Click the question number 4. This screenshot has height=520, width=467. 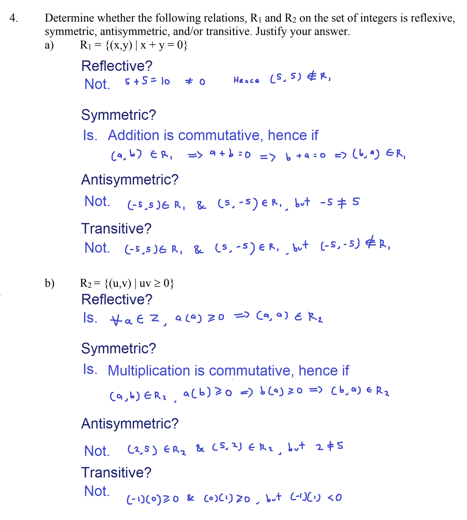13,18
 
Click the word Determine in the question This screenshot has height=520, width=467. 69,18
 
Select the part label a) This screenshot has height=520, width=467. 49,45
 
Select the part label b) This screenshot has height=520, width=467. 50,283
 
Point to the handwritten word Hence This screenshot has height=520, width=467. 246,80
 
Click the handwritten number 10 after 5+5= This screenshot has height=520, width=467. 165,81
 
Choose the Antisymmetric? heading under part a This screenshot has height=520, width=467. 130,180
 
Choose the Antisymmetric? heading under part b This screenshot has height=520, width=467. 130,424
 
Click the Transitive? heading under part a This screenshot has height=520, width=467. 116,229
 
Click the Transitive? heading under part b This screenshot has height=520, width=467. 116,473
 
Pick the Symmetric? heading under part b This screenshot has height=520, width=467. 119,348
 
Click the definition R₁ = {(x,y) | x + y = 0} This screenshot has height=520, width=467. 133,45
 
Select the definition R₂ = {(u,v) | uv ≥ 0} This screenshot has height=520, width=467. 127,283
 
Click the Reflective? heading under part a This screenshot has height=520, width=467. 117,66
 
